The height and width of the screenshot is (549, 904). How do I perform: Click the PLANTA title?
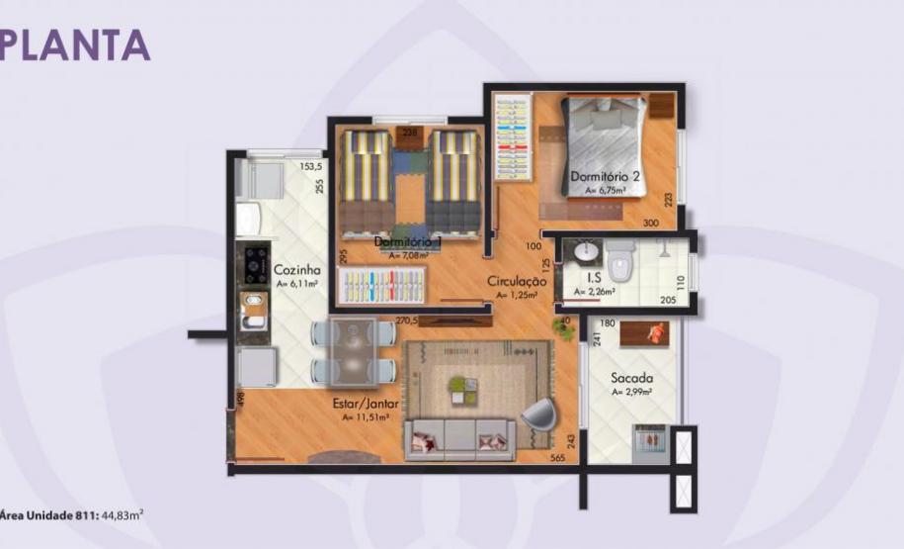tap(75, 44)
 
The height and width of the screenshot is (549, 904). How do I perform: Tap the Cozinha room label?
tap(296, 269)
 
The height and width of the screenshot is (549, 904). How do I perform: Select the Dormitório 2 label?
tap(606, 176)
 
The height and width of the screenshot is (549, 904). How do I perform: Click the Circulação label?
tap(517, 281)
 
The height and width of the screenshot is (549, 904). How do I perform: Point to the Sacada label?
tap(629, 378)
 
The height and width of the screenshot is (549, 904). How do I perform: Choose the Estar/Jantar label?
tap(366, 404)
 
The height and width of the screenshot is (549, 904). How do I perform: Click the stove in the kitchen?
tap(256, 263)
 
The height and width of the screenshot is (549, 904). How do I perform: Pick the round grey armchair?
tap(538, 414)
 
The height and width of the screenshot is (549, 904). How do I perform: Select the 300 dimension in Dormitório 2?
tap(650, 224)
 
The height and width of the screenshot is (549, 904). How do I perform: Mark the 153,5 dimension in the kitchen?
tap(311, 166)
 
